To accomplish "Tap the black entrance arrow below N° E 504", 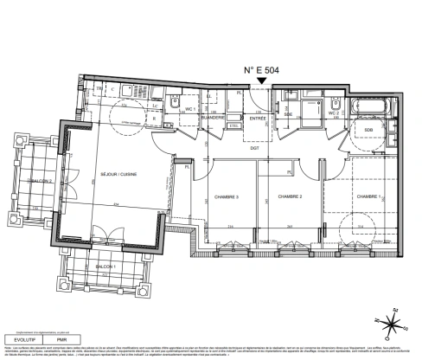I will click(x=262, y=83).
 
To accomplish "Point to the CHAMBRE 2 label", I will click(x=289, y=196).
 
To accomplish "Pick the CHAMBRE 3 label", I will click(x=226, y=196).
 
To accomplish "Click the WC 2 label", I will click(x=332, y=112).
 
